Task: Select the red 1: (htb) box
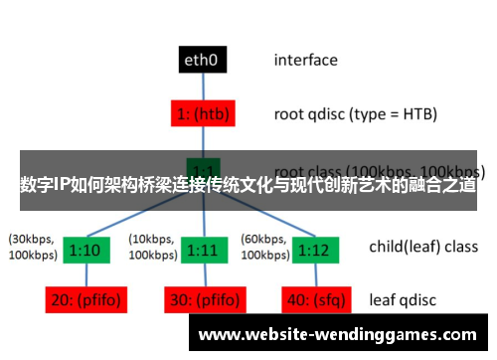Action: (203, 113)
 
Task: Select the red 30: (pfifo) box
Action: (203, 297)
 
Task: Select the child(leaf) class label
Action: (423, 247)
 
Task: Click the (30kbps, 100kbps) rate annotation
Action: (32, 248)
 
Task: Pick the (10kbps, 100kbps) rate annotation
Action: (152, 248)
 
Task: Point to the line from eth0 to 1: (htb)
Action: (203, 87)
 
